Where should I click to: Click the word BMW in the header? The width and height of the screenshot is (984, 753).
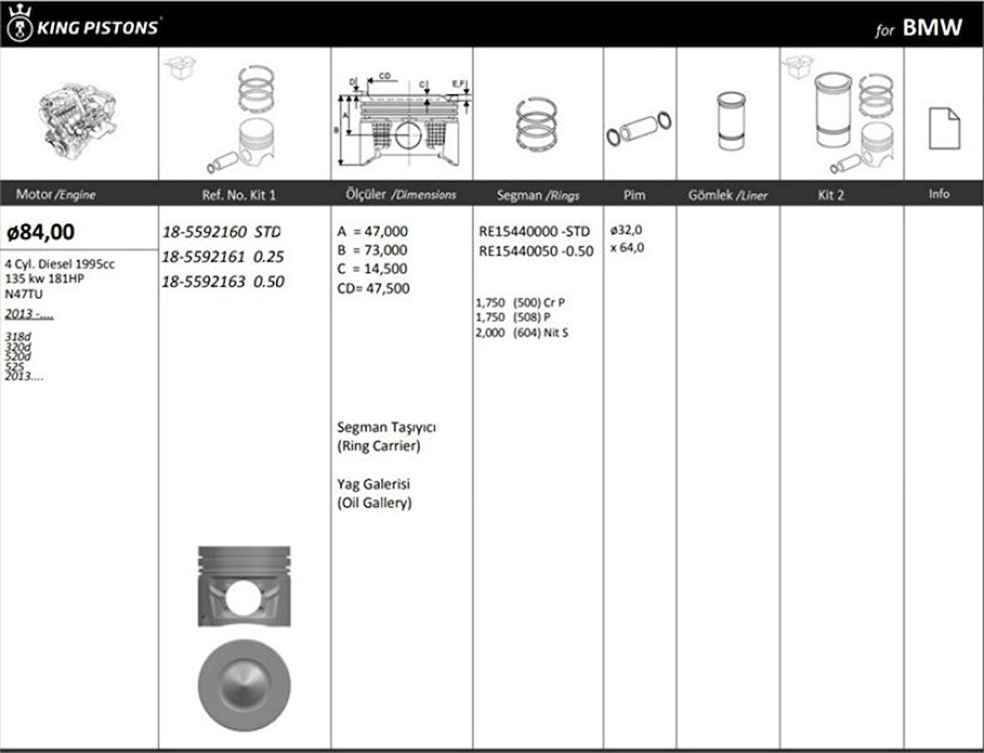[x=932, y=28]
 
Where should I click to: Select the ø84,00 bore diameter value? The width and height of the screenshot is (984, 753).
[x=41, y=231]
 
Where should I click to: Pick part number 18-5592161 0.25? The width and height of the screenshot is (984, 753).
[x=223, y=257]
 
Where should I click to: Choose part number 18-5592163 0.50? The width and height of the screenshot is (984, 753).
[x=223, y=282]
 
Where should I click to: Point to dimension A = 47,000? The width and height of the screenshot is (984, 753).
[x=373, y=232]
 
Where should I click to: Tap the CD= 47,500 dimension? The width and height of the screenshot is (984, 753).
[x=373, y=289]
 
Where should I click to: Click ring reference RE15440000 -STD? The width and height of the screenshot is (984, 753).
[x=534, y=232]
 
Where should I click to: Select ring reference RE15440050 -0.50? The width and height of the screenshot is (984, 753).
[x=536, y=251]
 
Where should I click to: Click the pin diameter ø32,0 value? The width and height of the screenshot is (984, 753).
[x=626, y=230]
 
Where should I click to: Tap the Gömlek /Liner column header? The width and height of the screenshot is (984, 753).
[x=727, y=195]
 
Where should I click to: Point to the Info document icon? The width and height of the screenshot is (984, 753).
[x=944, y=128]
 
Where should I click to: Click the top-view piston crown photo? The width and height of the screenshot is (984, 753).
[x=243, y=685]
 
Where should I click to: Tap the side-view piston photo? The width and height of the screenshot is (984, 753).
[x=243, y=586]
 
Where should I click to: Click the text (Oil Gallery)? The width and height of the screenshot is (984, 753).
[x=374, y=503]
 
